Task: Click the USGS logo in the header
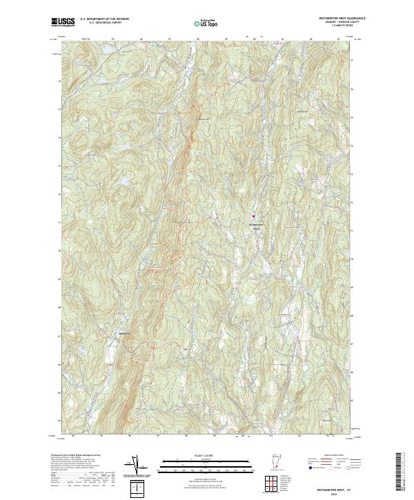[64, 22]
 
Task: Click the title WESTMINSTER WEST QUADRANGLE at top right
[332, 17]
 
